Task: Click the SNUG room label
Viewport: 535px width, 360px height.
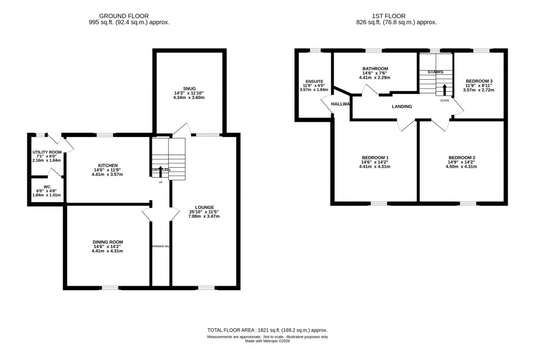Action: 189,88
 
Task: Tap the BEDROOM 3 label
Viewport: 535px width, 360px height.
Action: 479,81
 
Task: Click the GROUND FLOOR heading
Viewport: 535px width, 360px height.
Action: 129,16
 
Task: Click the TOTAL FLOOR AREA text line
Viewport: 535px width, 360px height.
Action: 267,331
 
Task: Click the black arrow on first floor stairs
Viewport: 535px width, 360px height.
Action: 444,90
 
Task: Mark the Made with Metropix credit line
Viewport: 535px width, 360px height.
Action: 267,341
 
